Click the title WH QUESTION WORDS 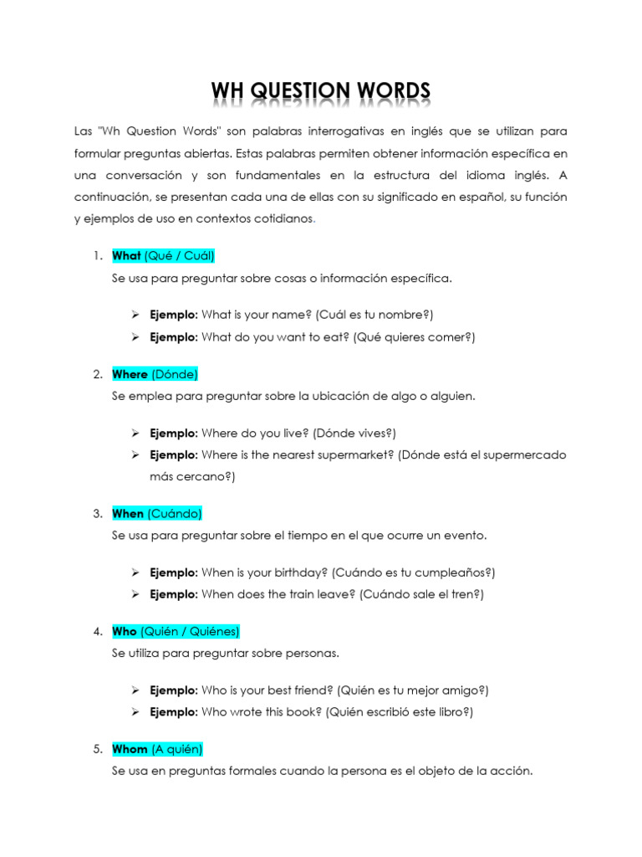click(320, 91)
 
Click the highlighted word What click(126, 256)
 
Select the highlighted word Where click(130, 374)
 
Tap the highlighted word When click(128, 513)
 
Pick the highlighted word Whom click(130, 749)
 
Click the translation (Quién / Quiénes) click(190, 631)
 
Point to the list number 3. click(98, 513)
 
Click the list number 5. click(98, 749)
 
